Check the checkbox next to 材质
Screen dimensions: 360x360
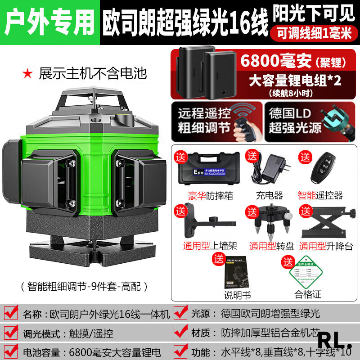pyautogui.click(x=181, y=333)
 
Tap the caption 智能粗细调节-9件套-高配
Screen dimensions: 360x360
pyautogui.click(x=84, y=285)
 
